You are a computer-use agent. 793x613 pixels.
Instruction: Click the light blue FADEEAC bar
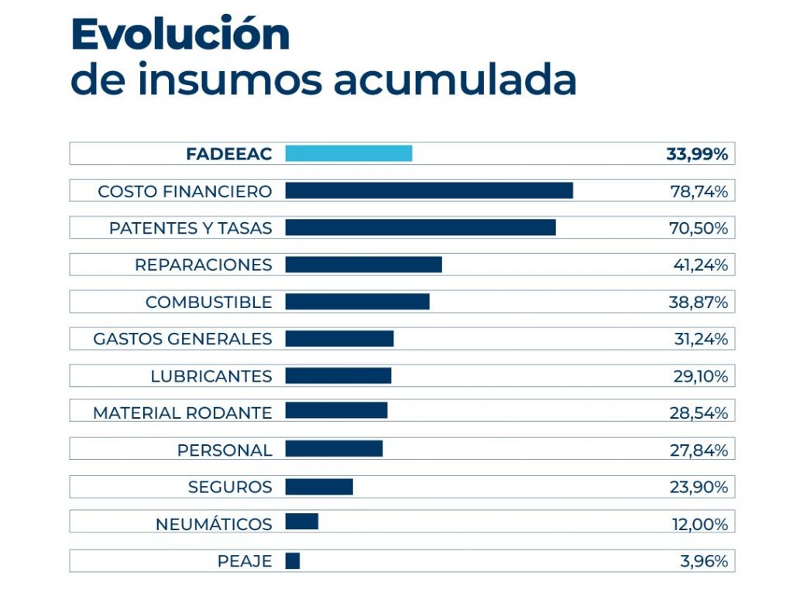348,153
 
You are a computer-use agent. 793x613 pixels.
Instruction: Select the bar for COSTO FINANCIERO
429,190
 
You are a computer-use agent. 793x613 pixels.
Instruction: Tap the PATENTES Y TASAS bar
421,228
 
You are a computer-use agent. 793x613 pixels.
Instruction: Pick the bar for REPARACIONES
363,265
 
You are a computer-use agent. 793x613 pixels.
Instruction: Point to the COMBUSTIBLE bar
357,302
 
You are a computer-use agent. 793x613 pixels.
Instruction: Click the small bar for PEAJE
293,561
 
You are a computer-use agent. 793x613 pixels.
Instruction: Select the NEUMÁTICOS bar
302,522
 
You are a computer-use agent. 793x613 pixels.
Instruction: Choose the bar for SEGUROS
319,487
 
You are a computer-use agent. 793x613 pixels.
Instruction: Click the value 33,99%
697,154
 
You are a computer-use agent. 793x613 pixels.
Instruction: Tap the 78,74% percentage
699,191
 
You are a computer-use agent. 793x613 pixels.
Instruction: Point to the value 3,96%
704,561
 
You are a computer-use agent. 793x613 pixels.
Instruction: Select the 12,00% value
700,524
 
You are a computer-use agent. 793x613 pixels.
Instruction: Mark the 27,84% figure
699,450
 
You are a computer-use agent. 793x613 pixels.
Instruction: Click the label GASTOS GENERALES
183,339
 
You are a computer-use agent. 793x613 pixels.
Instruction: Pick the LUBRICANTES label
211,376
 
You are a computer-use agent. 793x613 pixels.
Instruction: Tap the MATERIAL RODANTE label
183,413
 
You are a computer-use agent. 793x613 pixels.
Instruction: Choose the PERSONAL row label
225,450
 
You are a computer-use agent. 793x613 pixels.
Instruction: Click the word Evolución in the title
180,34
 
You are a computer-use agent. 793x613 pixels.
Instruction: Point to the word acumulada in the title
455,80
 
